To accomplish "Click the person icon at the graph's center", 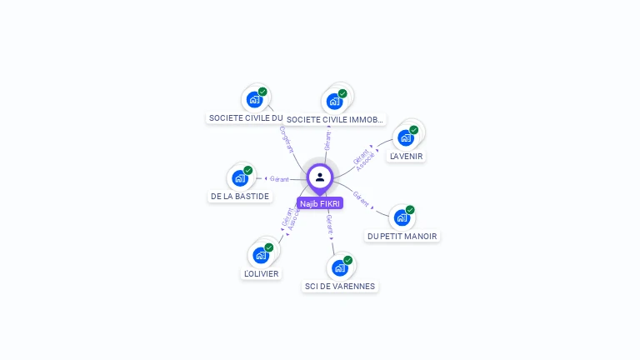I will [x=320, y=177].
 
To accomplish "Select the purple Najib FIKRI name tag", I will [x=320, y=203].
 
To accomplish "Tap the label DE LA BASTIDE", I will [x=240, y=197].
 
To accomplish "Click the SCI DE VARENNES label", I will [x=340, y=287].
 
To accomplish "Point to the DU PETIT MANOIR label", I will [x=402, y=236].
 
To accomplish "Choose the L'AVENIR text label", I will [x=407, y=156].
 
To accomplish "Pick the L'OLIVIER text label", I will [x=262, y=273].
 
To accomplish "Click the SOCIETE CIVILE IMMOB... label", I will [x=335, y=120].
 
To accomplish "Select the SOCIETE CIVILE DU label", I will [x=246, y=118].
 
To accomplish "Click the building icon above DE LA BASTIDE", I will [x=240, y=177].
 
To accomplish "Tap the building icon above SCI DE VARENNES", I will [x=339, y=267].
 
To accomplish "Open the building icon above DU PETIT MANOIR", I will [x=402, y=217].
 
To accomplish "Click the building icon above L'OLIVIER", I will [x=261, y=254].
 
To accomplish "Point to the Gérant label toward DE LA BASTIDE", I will [x=279, y=179].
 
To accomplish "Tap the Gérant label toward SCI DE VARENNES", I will [x=330, y=224].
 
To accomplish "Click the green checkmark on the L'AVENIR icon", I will [x=413, y=130].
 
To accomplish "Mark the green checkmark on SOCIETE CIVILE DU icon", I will [x=262, y=92].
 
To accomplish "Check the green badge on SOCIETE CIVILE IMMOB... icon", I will [x=342, y=93].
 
